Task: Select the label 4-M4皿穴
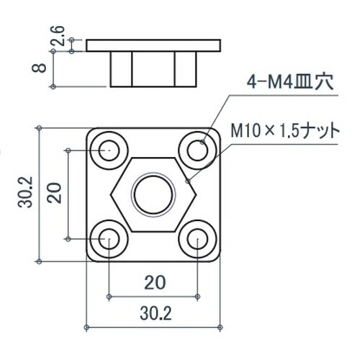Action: (x=287, y=82)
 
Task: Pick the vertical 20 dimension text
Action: (x=53, y=195)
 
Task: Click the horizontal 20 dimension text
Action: (x=152, y=282)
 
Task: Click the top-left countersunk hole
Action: (x=109, y=150)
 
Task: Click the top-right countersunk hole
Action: (x=197, y=150)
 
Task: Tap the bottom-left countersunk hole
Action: (x=109, y=238)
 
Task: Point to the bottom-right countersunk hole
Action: (x=197, y=238)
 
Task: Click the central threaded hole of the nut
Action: (x=153, y=193)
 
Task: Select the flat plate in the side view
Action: (x=153, y=45)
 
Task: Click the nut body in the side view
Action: (x=153, y=68)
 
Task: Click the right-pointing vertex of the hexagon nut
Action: (x=197, y=193)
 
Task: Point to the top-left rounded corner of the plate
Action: (x=91, y=132)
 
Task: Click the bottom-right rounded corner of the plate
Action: (x=215, y=256)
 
